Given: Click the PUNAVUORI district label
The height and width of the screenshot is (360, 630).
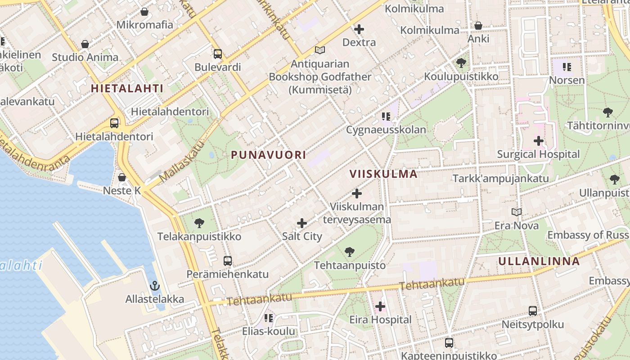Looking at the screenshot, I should coord(268,155).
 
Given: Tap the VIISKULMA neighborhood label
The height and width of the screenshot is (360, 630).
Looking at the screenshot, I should coord(383,174).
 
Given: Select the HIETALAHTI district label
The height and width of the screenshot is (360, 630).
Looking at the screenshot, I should coord(127,88).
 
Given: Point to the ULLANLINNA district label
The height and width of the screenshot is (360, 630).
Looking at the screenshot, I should coord(539,261).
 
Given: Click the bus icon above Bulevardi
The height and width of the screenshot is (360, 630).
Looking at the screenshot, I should coord(218,54).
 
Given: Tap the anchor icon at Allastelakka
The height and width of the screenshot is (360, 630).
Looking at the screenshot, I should coord(154,286).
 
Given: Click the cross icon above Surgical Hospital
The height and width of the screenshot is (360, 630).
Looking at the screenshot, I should coord(538,141).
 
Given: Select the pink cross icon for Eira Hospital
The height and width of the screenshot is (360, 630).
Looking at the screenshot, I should coord(380,306).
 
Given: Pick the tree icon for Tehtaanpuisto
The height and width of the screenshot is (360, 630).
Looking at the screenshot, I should coord(349,252).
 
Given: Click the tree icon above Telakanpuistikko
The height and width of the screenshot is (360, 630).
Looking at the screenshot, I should coord(199,223).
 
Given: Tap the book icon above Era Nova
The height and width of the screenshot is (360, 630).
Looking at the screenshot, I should coord(517,212).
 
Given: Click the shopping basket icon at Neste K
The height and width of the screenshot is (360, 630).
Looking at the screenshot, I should coord(121,177).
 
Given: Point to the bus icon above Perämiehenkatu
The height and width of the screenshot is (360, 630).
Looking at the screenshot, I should coord(228,261).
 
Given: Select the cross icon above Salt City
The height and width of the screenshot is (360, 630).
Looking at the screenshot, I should coord(302,223).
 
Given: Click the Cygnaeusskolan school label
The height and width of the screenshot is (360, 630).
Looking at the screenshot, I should coord(386,130).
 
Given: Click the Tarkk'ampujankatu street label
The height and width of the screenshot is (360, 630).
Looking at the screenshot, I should coord(500,178).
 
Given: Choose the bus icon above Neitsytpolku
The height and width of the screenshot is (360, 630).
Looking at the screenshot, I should coord(533,310).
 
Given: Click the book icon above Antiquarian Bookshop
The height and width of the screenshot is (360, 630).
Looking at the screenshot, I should coord(320,50).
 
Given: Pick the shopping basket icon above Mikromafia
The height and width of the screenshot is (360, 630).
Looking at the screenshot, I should coord(144,11).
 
